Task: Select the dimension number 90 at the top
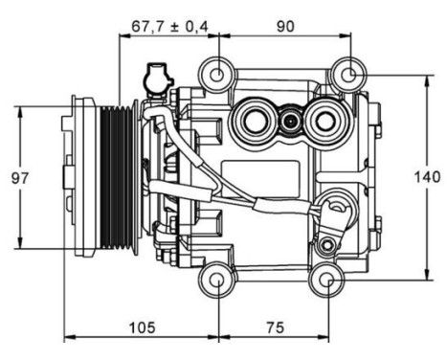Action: (284, 26)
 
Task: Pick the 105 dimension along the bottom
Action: (144, 326)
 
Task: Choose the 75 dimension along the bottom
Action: (274, 326)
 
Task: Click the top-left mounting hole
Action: (219, 74)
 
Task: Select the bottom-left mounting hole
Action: (219, 281)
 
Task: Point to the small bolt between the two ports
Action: (289, 121)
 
